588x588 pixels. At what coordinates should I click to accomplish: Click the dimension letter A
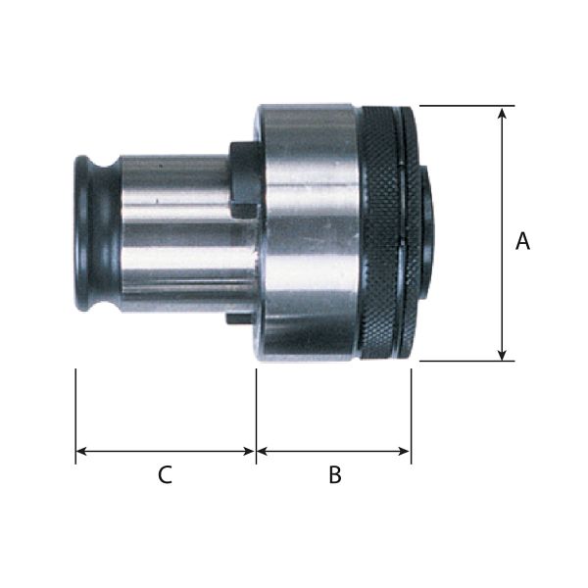tap(522, 241)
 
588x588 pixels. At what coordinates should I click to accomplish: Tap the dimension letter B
tap(335, 474)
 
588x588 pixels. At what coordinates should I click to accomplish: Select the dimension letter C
tap(165, 474)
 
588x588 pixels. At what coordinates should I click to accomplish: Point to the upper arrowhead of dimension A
tap(502, 113)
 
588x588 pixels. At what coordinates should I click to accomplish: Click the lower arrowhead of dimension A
tap(502, 355)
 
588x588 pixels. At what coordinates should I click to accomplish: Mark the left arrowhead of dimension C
tap(81, 451)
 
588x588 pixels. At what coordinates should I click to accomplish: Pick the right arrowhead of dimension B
tap(405, 451)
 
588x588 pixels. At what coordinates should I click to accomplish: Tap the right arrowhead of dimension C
tap(249, 451)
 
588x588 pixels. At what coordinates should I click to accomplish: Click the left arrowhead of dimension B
tap(263, 451)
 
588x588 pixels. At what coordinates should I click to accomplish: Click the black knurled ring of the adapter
tap(378, 232)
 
